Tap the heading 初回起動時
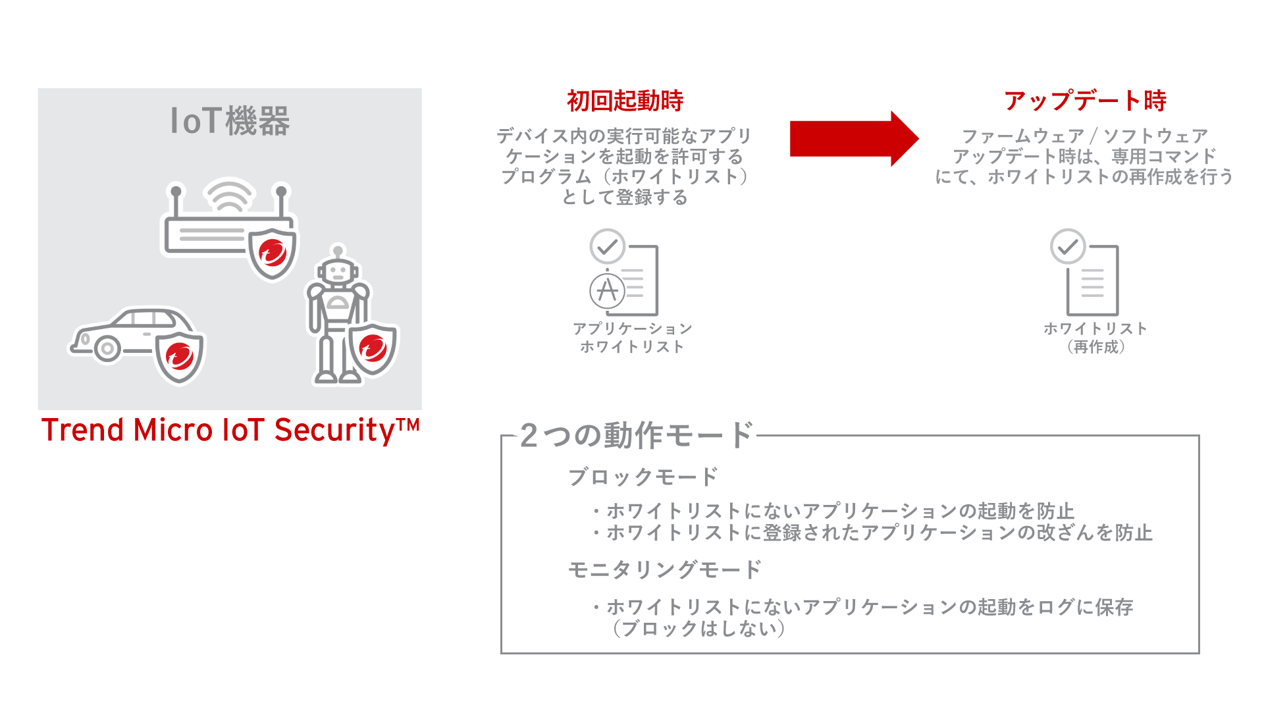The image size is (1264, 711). tap(625, 101)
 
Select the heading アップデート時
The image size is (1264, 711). tap(1085, 101)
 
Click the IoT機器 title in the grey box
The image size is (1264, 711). tap(230, 121)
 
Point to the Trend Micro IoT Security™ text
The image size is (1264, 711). tap(230, 430)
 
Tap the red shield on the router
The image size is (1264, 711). tap(273, 252)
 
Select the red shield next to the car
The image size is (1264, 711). tap(180, 356)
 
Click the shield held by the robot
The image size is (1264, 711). tap(373, 348)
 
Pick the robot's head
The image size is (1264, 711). tap(338, 271)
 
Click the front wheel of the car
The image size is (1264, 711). tap(107, 348)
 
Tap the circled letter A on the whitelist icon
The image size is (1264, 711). tap(607, 290)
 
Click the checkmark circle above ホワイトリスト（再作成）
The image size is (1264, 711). tap(1067, 247)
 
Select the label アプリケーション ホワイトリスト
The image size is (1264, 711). tap(632, 338)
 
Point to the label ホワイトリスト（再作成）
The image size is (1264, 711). tap(1095, 338)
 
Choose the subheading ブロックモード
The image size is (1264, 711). tap(643, 477)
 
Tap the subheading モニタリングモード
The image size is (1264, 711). tap(665, 569)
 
